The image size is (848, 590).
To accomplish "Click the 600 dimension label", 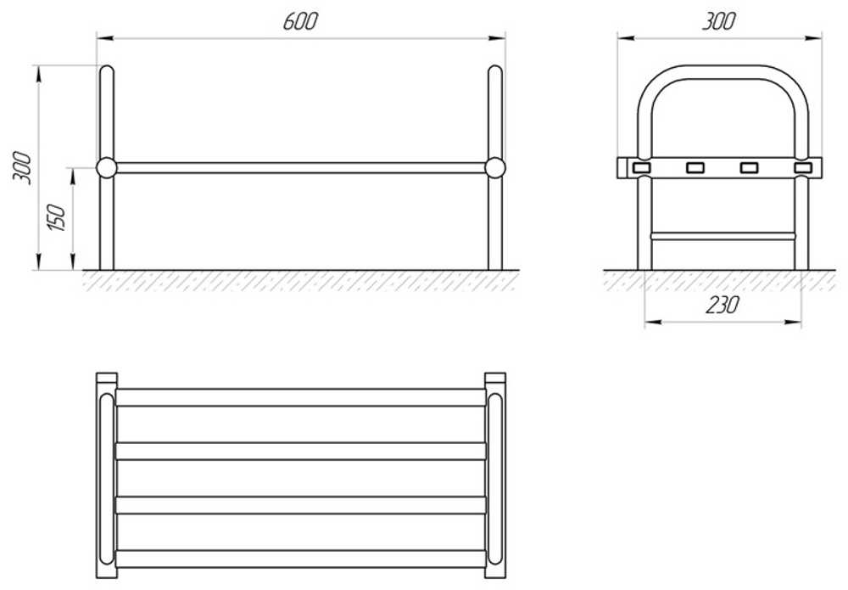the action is pyautogui.click(x=300, y=21).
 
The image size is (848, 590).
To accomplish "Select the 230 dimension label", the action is pyautogui.click(x=722, y=306).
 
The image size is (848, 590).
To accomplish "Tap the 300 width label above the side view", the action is pyautogui.click(x=719, y=21).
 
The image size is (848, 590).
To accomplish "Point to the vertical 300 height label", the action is pyautogui.click(x=22, y=168).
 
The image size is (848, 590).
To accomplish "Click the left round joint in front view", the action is pyautogui.click(x=107, y=168).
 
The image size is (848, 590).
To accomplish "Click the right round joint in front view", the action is pyautogui.click(x=495, y=168).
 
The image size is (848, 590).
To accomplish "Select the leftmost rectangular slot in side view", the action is pyautogui.click(x=642, y=168).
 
